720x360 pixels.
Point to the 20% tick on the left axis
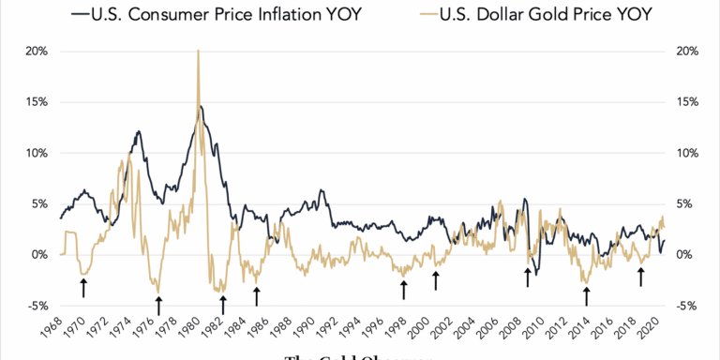35,52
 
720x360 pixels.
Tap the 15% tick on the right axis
683,102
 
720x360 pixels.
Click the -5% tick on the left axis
35,306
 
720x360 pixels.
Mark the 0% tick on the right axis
681,255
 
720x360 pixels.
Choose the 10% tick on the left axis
35,153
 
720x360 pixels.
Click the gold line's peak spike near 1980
198,52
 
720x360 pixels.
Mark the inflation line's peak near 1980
200,107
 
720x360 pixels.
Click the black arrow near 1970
84,287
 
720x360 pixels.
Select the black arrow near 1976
158,305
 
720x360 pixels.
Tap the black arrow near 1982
223,305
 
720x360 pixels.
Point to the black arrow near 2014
587,296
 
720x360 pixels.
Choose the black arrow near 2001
435,279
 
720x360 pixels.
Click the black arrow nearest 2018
641,277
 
